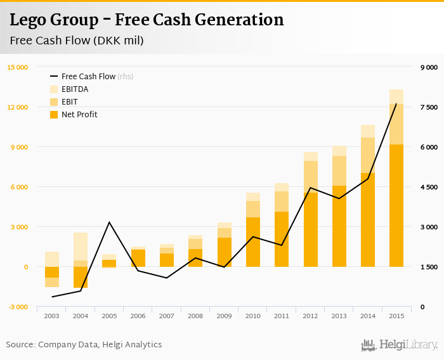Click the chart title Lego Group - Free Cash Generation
147,20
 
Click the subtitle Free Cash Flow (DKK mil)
77,41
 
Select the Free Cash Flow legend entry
88,76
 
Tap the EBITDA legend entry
74,89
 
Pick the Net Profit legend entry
79,114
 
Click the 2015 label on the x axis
396,316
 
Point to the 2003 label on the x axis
52,316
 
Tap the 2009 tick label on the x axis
224,316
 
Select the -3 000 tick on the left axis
17,307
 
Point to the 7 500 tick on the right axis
429,107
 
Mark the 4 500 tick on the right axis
429,187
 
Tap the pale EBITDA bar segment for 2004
81,247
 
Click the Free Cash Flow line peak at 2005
109,222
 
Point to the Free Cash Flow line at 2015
396,104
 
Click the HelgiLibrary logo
399,345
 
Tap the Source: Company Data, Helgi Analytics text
84,345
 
